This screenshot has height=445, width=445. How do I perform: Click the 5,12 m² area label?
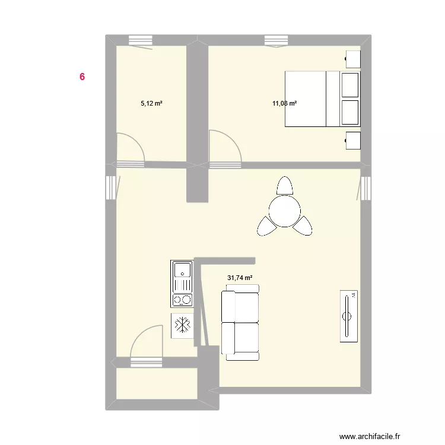[151, 103]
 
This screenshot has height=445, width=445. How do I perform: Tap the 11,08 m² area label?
[284, 103]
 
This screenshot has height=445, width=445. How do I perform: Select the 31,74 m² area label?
[240, 277]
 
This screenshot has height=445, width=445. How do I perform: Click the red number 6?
[82, 77]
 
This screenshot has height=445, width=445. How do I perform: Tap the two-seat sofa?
[240, 322]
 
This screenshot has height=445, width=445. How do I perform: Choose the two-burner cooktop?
[183, 300]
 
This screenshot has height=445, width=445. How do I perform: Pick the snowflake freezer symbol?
[183, 325]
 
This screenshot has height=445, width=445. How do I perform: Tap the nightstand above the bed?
[353, 59]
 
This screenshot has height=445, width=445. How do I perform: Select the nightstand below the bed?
[353, 141]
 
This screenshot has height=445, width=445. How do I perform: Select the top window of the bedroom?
[276, 40]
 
